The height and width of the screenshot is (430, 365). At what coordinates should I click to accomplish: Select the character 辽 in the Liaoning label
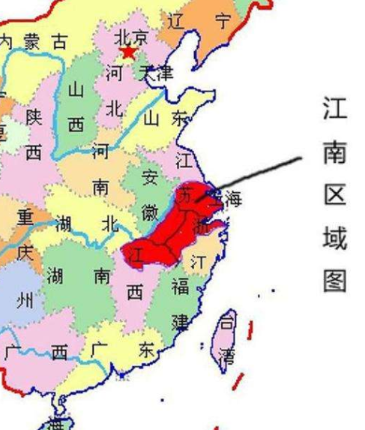click(176, 20)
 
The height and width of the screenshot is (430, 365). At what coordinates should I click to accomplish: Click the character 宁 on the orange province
click(223, 20)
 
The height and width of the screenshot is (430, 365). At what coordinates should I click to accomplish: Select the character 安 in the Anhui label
click(150, 178)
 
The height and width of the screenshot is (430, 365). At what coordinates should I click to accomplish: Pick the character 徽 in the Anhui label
click(150, 211)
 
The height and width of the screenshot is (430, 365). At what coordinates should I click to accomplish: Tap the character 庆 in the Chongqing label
click(25, 252)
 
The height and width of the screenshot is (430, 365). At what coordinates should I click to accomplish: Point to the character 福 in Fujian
click(180, 286)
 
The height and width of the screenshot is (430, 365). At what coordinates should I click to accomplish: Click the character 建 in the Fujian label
click(181, 322)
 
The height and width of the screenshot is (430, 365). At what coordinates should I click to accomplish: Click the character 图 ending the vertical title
click(334, 280)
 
